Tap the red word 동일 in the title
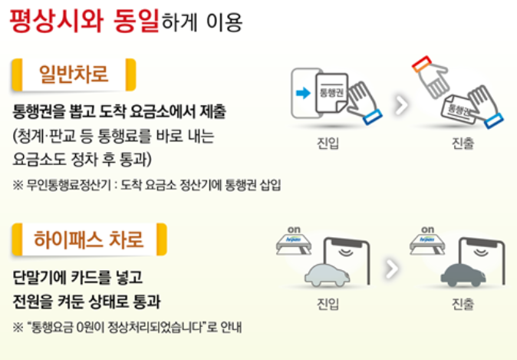[134, 21]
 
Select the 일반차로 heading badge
[73, 74]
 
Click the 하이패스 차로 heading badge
[88, 238]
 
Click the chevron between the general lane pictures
[399, 104]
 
